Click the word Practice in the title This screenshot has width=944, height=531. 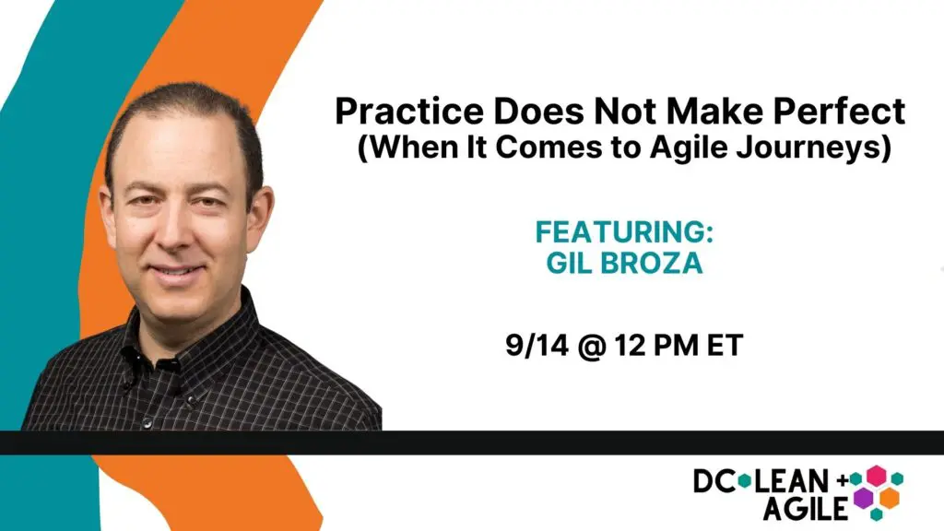(408, 111)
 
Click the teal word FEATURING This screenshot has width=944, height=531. (624, 231)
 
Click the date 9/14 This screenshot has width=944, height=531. (537, 345)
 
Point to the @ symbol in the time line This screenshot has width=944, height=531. (591, 347)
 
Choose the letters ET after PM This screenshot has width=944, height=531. (725, 345)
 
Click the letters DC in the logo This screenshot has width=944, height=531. (714, 480)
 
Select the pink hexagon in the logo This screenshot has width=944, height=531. (876, 476)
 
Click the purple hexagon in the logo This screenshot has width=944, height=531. (863, 498)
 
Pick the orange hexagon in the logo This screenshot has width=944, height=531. (889, 498)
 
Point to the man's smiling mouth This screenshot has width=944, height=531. (176, 273)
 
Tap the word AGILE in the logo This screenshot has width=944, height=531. (805, 508)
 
